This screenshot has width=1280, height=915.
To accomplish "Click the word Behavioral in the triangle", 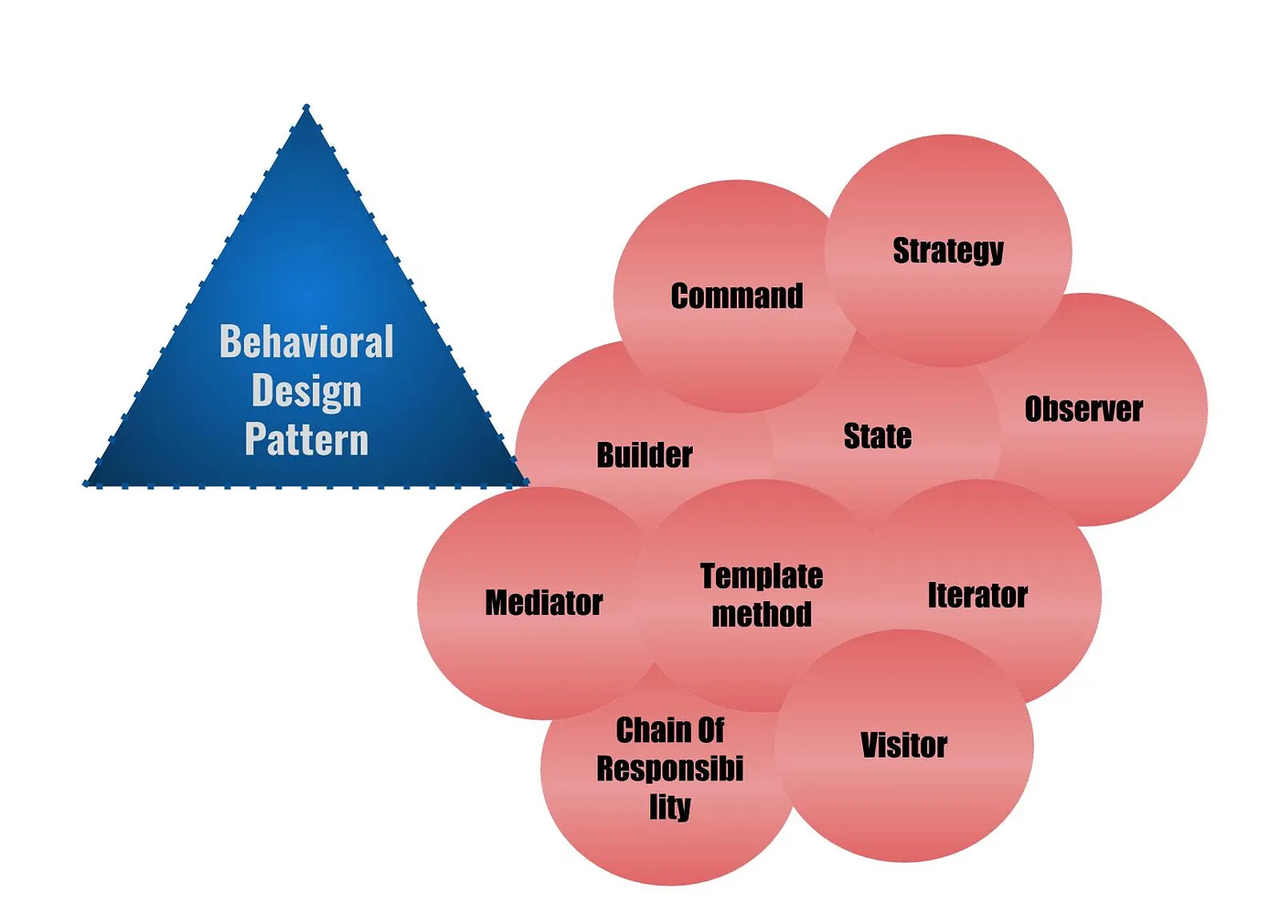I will [x=306, y=342].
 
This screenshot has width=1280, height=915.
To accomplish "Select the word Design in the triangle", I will [x=306, y=392].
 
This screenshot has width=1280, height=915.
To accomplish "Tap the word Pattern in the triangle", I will [x=306, y=439].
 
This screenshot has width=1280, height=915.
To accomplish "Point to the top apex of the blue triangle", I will [x=306, y=108].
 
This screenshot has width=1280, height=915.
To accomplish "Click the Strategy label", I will [x=948, y=251].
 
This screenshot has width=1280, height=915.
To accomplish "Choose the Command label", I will [x=737, y=296].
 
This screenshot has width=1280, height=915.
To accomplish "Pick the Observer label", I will [x=1083, y=409].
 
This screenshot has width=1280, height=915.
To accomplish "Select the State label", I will [x=877, y=436].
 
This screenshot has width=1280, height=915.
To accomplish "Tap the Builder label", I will [x=645, y=455].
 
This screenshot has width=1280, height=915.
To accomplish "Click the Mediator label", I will [x=544, y=603].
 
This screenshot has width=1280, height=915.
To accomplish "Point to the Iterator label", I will [x=977, y=596].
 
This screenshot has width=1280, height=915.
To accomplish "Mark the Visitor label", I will [x=903, y=746].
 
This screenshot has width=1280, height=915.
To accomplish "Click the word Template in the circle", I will [x=762, y=576].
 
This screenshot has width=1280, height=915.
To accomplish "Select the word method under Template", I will [x=762, y=614].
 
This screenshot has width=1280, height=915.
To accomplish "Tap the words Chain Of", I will [x=670, y=730].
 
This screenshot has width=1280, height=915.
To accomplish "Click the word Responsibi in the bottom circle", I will [x=670, y=769].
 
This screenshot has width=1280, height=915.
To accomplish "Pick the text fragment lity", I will [x=670, y=807].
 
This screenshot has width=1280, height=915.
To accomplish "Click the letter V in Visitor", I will [x=869, y=746].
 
